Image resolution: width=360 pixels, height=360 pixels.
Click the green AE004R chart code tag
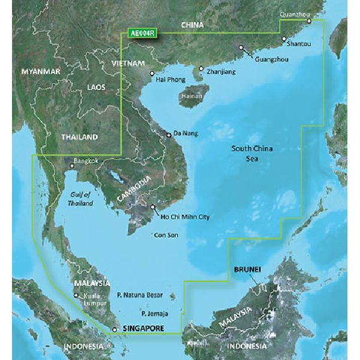(x=142, y=34)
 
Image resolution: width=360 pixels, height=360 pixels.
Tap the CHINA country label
(x=192, y=25)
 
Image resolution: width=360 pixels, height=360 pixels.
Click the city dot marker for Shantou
(x=284, y=39)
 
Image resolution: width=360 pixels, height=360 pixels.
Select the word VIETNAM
(x=128, y=63)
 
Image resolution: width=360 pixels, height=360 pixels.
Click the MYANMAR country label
(x=41, y=72)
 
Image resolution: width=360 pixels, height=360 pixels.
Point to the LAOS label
(x=96, y=88)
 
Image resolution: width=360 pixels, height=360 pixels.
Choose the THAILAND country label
(x=79, y=137)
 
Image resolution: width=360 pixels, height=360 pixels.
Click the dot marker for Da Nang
(x=169, y=136)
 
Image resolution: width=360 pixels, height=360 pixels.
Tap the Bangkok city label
(x=83, y=161)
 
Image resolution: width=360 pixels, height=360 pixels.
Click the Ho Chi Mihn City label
(x=183, y=217)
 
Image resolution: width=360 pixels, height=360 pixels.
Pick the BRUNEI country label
(x=247, y=271)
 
